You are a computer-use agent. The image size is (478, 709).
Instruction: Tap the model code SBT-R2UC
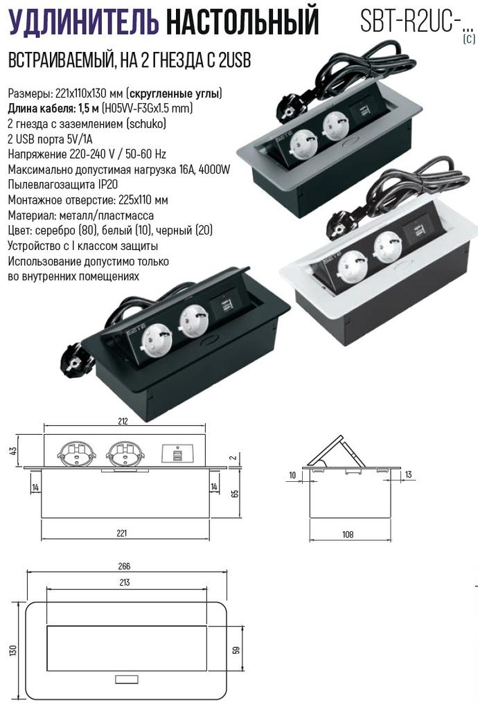(407, 20)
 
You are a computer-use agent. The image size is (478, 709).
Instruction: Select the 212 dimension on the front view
(123, 421)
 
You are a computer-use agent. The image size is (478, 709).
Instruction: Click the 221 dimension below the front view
(122, 533)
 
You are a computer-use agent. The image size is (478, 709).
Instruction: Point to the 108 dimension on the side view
(348, 535)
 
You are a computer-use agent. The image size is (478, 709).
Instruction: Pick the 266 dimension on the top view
(124, 566)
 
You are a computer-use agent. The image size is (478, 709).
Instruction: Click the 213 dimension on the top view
(125, 582)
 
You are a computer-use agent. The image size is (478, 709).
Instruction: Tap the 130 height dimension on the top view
(14, 650)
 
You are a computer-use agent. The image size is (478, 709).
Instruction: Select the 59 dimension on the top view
(236, 650)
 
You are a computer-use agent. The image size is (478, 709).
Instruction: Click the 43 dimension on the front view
(13, 451)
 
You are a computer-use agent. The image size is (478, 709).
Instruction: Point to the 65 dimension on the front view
(235, 493)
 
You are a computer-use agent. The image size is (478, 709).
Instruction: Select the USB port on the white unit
(414, 231)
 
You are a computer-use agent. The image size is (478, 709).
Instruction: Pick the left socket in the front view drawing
(76, 452)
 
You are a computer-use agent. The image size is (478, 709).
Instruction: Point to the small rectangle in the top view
(127, 679)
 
